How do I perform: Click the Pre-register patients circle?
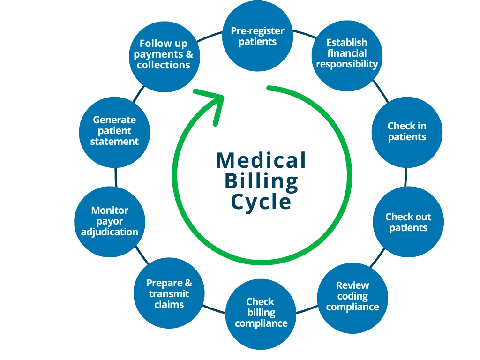click(x=257, y=36)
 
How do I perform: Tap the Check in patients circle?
click(x=407, y=132)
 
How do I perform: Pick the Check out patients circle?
click(x=408, y=222)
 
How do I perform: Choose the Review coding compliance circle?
click(x=352, y=296)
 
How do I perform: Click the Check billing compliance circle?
click(x=261, y=313)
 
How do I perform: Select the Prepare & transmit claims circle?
click(x=169, y=294)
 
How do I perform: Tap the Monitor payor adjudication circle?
click(x=110, y=221)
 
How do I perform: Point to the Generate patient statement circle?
click(x=114, y=131)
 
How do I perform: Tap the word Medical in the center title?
click(x=261, y=161)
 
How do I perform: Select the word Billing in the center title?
click(x=261, y=182)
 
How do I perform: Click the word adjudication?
click(x=110, y=232)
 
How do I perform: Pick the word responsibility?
click(x=347, y=64)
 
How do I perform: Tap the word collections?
click(x=164, y=66)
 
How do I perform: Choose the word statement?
click(x=114, y=142)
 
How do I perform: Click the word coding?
click(x=352, y=296)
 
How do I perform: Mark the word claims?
click(x=169, y=305)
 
